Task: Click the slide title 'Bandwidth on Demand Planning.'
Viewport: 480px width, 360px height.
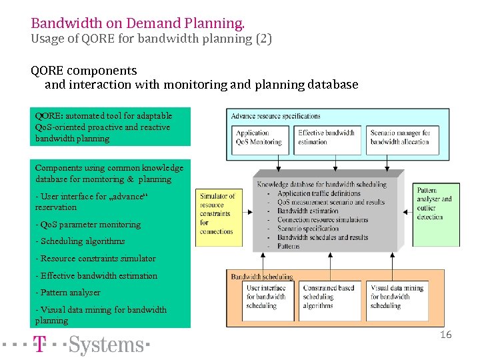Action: pos(137,23)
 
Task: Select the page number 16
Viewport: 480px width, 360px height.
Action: pos(445,335)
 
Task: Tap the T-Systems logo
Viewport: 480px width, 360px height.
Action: pos(91,345)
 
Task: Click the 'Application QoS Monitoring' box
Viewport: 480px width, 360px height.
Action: pos(259,138)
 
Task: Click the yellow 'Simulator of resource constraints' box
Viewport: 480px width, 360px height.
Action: pos(217,213)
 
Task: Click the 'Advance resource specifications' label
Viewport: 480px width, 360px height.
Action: pos(275,116)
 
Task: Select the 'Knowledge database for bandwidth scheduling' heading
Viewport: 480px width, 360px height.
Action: pos(322,184)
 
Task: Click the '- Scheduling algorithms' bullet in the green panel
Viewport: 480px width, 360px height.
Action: pos(80,241)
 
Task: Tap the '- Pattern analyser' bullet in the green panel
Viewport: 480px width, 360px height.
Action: pos(68,293)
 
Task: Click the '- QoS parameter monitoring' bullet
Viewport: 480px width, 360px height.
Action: pos(88,225)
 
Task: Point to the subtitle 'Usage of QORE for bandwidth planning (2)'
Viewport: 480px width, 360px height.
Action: pos(151,39)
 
